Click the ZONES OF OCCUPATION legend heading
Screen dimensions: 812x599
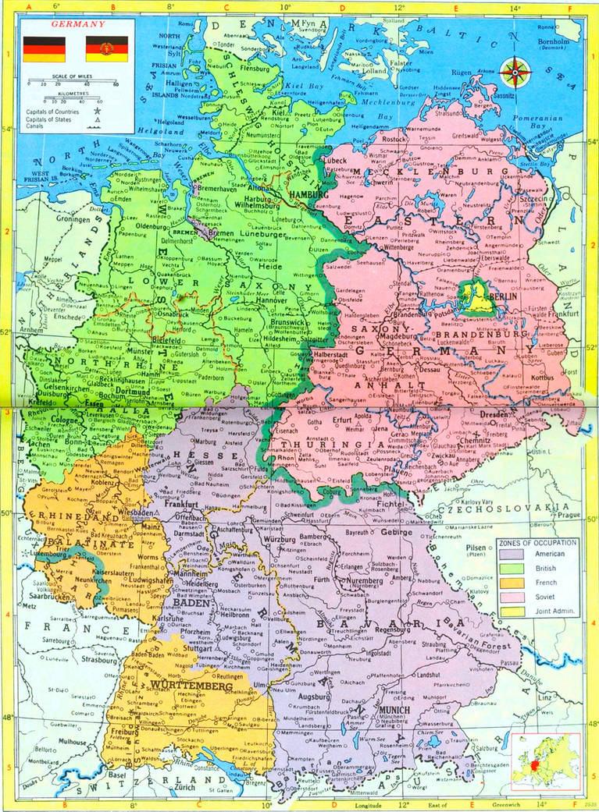(537, 541)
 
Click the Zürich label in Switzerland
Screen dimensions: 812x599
(184, 788)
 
